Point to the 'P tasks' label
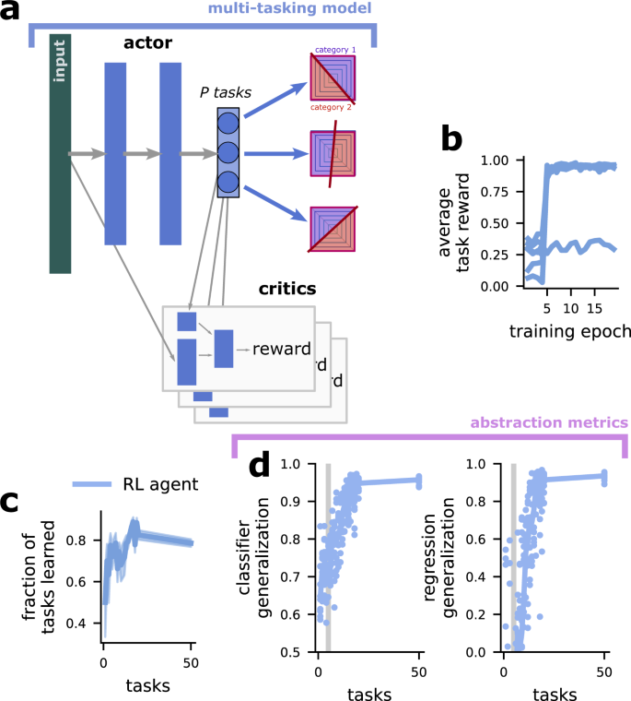[225, 92]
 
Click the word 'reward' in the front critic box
[274, 349]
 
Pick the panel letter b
[451, 138]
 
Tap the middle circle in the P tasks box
[228, 151]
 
